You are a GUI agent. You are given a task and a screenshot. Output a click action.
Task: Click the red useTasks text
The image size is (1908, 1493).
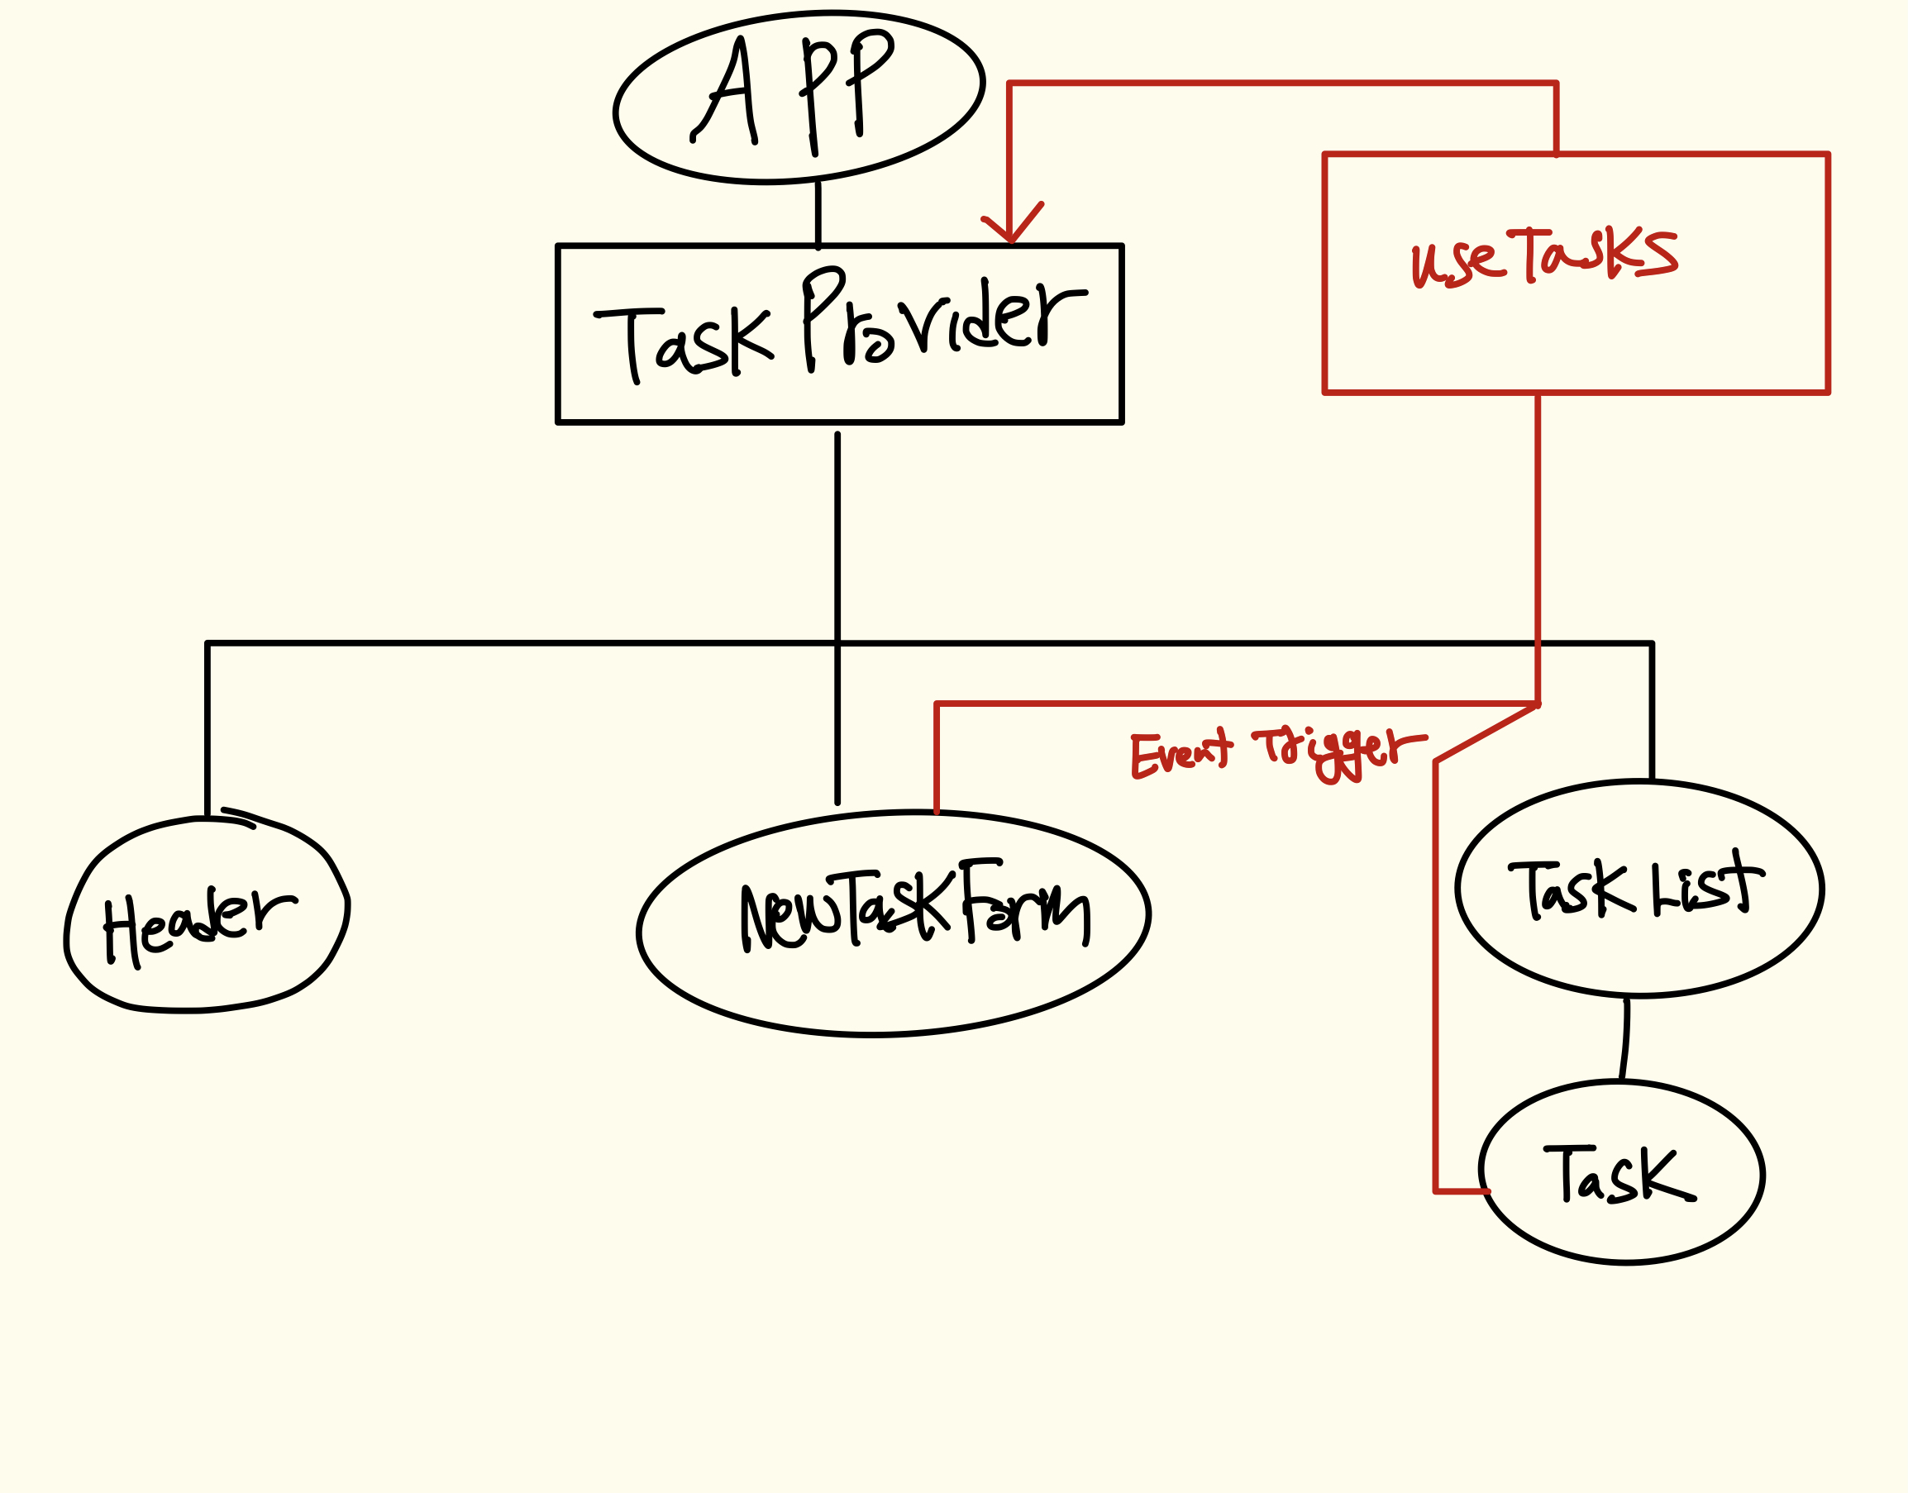tap(1543, 256)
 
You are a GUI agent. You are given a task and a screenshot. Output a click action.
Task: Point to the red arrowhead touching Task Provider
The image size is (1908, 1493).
tap(1011, 229)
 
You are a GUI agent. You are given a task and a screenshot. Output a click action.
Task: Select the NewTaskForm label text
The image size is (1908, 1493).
tap(914, 909)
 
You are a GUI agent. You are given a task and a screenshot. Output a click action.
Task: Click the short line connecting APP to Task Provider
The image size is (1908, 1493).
tap(818, 214)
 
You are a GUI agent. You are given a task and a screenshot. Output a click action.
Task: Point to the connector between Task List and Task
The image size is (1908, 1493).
tap(1624, 1040)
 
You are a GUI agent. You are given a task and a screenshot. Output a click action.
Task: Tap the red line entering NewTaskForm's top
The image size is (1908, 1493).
tap(937, 761)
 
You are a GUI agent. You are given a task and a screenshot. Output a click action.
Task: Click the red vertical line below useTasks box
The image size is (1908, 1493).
tap(1538, 542)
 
